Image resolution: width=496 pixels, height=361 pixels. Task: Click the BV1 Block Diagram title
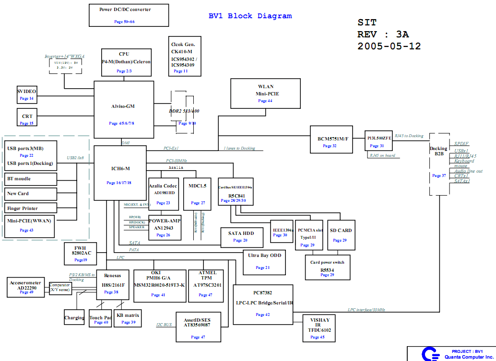click(x=250, y=16)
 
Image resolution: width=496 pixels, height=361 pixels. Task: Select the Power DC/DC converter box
click(x=129, y=15)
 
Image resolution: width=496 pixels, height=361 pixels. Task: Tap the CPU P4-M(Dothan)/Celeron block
click(x=126, y=62)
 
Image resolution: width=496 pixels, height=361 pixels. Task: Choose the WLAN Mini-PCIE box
click(x=265, y=93)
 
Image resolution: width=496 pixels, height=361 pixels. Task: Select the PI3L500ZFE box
click(x=379, y=141)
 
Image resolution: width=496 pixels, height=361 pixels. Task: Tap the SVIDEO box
click(x=26, y=94)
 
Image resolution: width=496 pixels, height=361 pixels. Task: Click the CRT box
click(x=27, y=119)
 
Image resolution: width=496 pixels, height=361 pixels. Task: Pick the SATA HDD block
click(x=243, y=236)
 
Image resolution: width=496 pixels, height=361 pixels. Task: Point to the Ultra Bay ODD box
click(x=264, y=262)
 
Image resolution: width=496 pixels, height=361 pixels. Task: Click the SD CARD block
click(x=341, y=235)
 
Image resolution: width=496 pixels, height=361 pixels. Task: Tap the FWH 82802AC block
click(x=81, y=254)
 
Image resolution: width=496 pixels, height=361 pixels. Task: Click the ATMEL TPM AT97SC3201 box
click(x=207, y=285)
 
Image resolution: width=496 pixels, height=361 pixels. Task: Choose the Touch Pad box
click(x=100, y=319)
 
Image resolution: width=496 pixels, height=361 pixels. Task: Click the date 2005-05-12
click(x=389, y=47)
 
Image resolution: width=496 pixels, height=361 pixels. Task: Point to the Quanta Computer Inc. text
click(x=468, y=357)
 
